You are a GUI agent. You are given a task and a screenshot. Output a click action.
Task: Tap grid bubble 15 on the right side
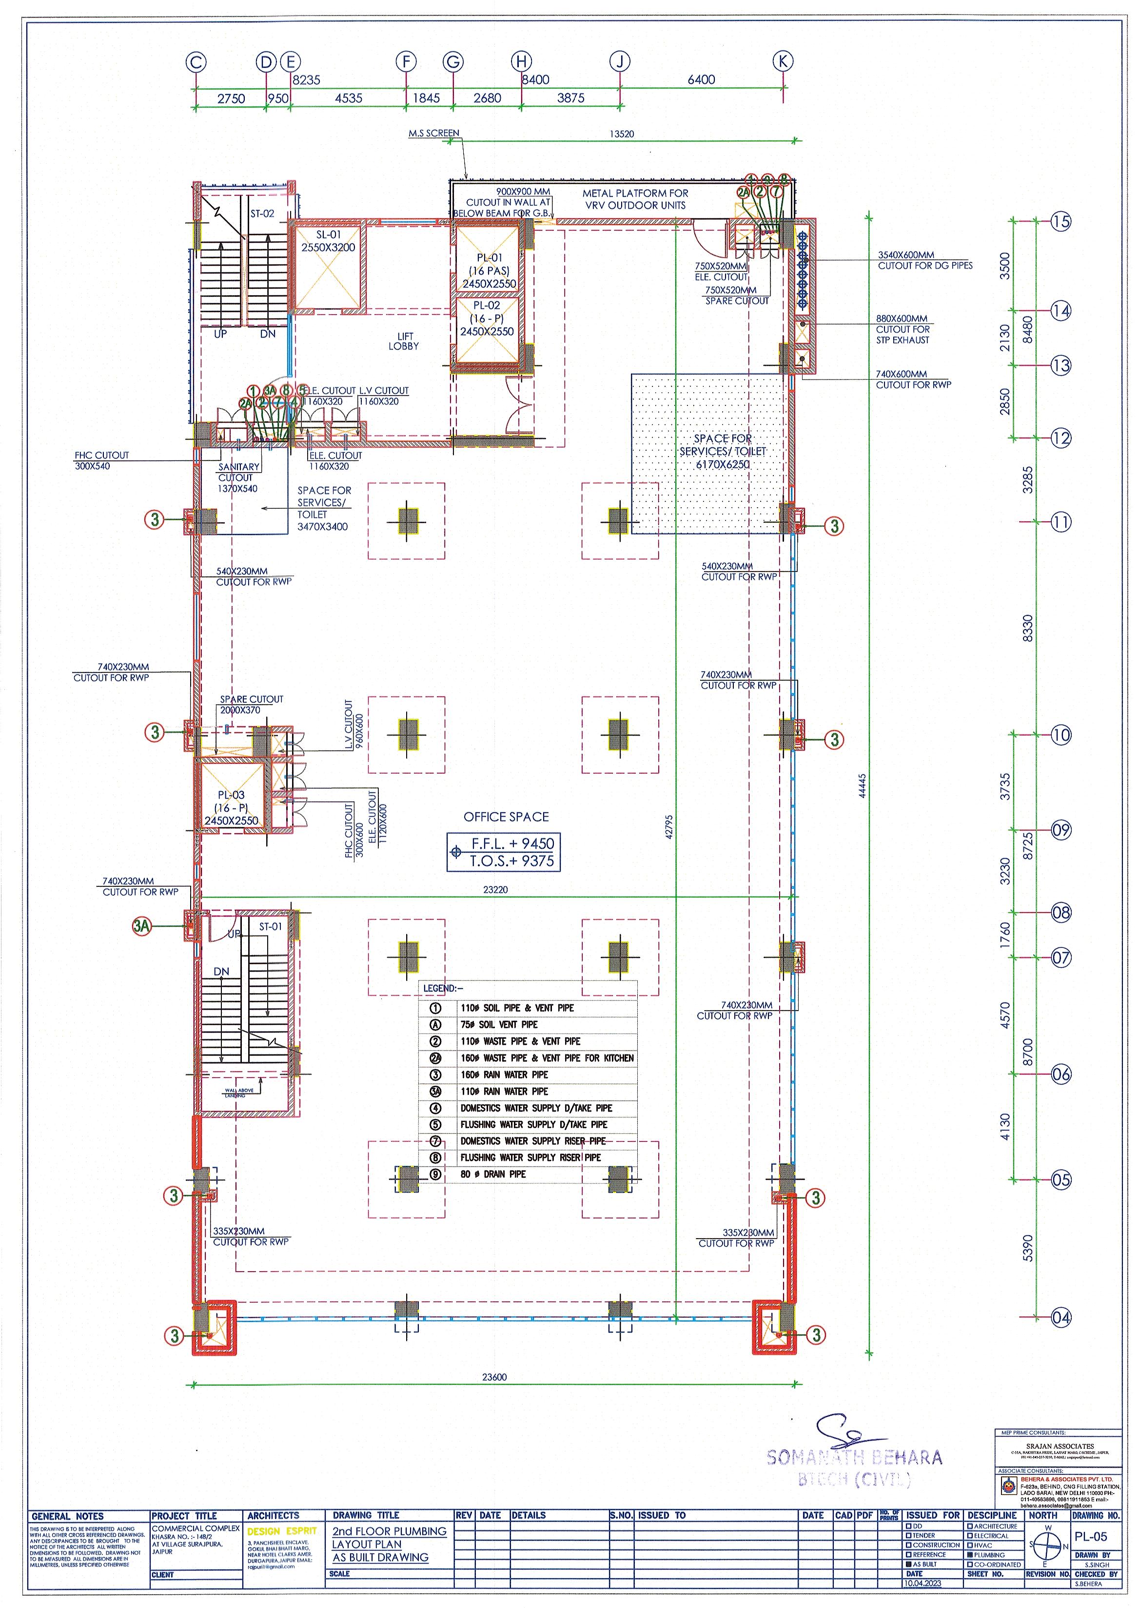1060,222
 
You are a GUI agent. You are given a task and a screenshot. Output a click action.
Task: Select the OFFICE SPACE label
506,817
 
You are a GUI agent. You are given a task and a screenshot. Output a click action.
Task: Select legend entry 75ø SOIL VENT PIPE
499,1024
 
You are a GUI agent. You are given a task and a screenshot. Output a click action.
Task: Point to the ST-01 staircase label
270,927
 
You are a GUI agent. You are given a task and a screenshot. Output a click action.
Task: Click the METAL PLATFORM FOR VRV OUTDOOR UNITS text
635,199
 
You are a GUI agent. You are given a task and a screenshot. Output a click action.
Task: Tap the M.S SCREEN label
433,133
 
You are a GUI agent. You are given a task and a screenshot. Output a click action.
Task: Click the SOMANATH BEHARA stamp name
854,1458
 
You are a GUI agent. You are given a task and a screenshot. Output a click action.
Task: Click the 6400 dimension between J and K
701,80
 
